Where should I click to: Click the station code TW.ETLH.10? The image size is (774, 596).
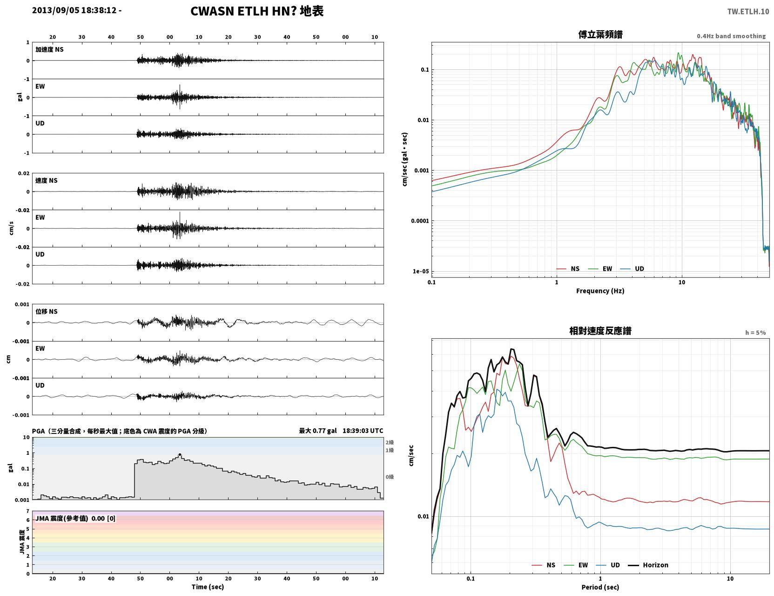click(747, 12)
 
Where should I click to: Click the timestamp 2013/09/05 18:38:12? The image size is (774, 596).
click(74, 10)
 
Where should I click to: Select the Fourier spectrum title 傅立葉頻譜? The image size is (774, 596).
click(600, 34)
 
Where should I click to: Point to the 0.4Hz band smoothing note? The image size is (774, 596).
click(731, 36)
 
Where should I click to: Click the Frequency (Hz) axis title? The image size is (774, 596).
click(600, 291)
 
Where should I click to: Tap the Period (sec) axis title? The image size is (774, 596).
click(600, 587)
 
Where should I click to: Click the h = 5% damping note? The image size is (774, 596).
click(755, 333)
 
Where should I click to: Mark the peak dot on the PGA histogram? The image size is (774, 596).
click(180, 454)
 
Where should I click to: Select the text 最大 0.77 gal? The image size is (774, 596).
click(317, 431)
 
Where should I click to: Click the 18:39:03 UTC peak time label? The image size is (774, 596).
click(363, 431)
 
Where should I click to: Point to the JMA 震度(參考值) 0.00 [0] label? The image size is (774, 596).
click(75, 518)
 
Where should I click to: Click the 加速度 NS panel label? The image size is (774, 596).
click(49, 49)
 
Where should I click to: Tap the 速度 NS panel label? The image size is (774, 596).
click(46, 180)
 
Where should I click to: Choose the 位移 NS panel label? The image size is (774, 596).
click(46, 311)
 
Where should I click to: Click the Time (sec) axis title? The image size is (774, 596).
click(208, 587)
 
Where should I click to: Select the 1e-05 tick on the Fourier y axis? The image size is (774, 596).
click(421, 271)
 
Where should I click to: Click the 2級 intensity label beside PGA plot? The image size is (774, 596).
click(390, 442)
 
